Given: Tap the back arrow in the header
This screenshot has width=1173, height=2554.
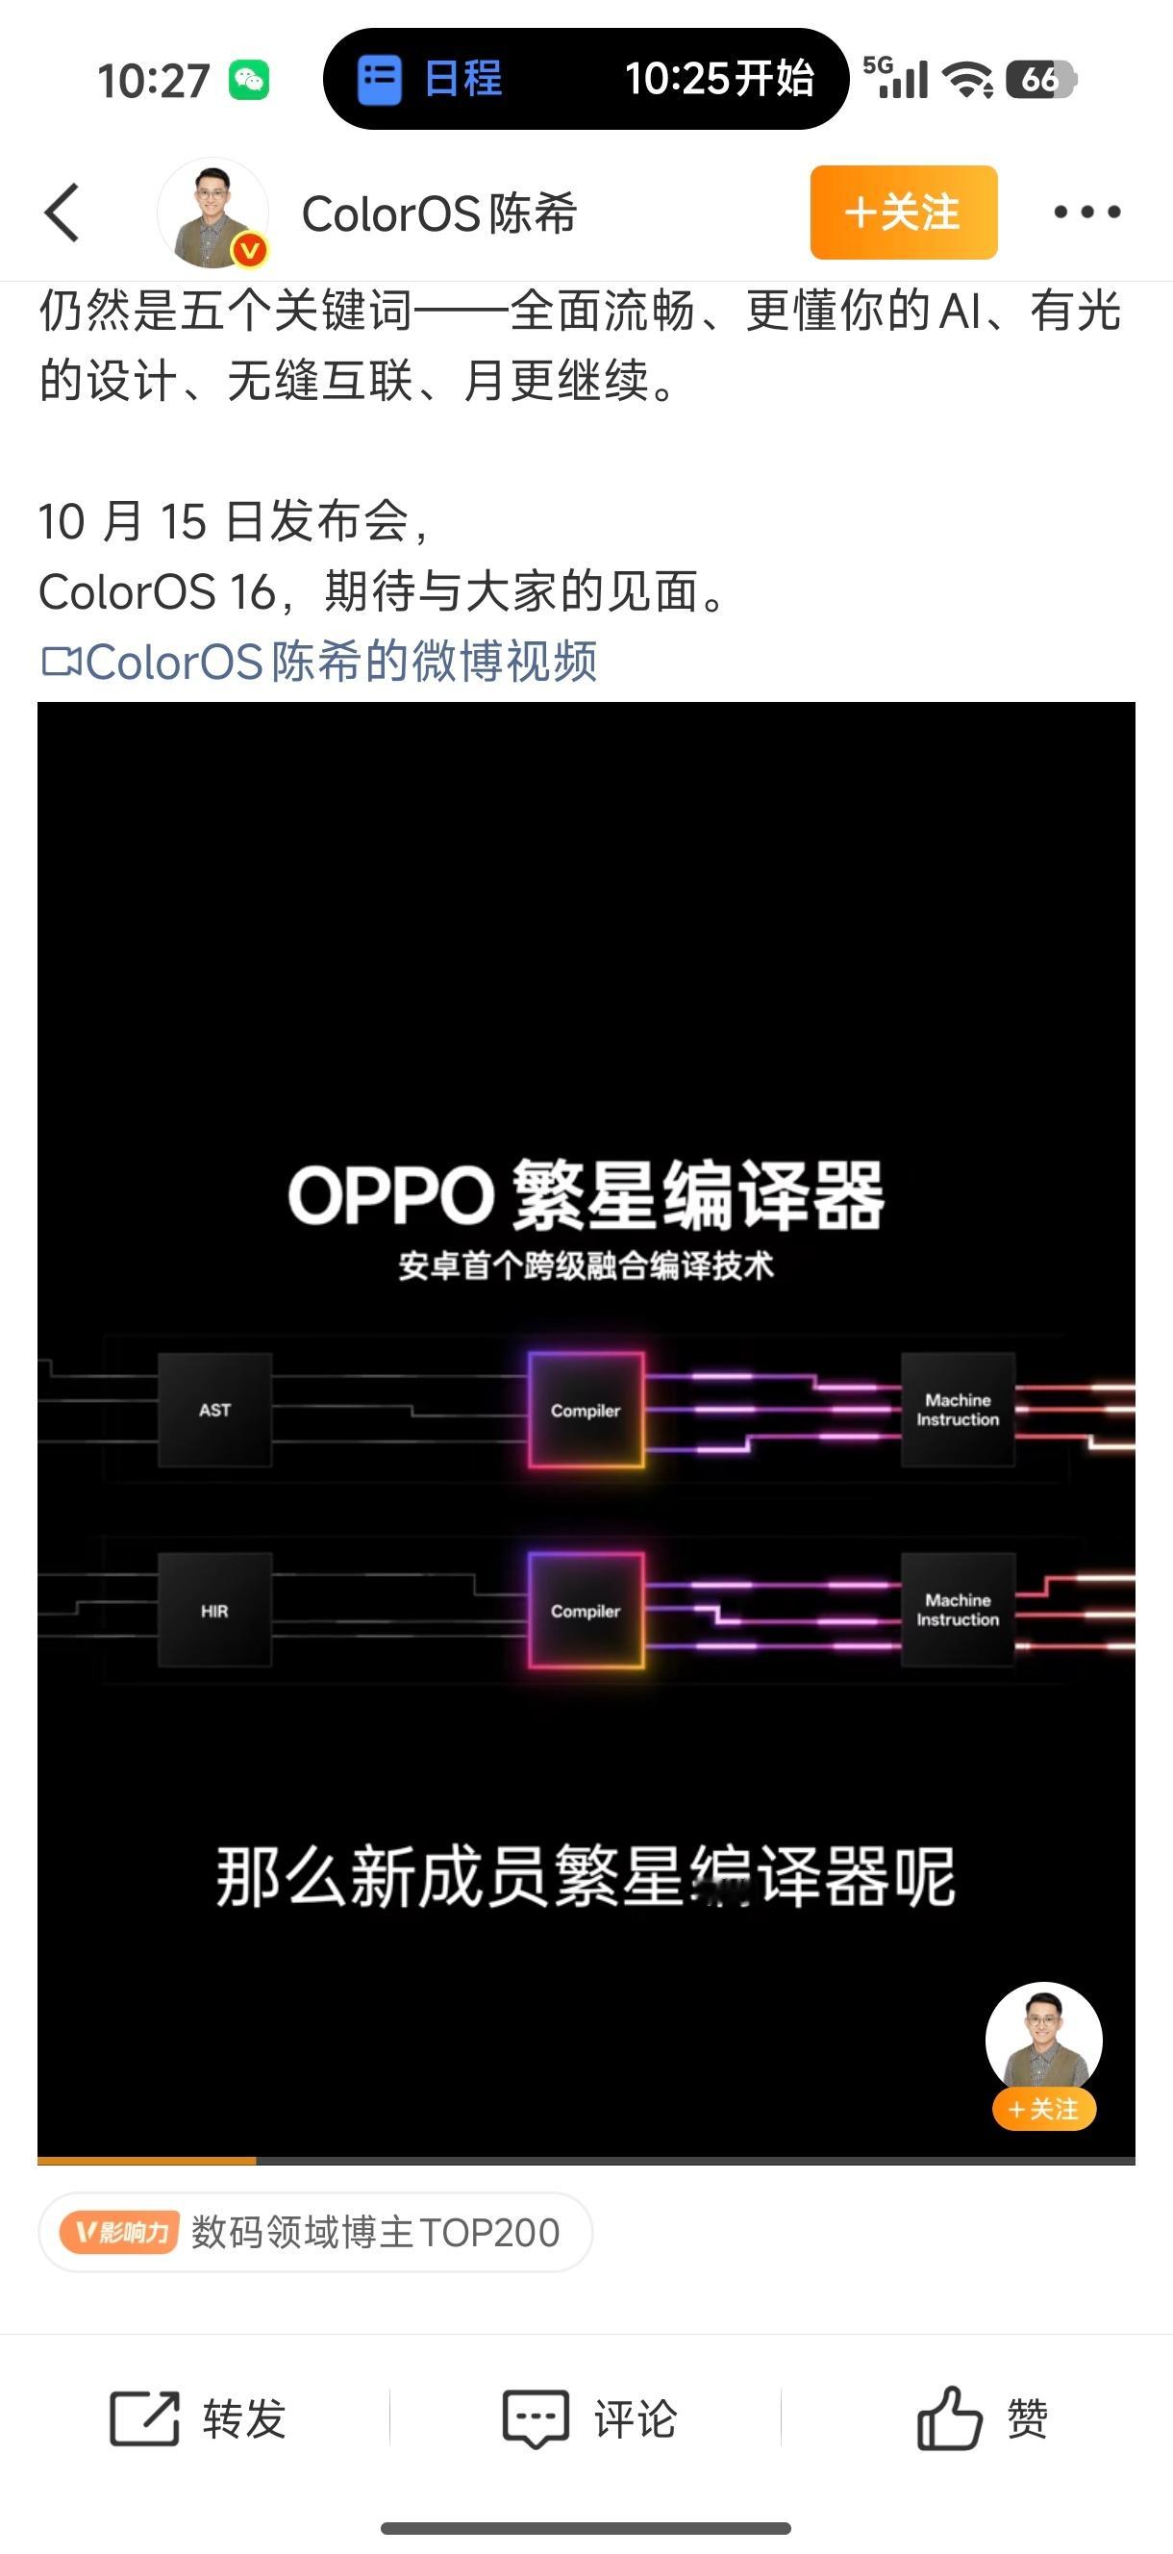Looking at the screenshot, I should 62,213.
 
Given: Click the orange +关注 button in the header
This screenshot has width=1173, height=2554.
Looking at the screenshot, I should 903,213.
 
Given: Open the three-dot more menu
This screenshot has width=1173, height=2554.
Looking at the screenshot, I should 1086,213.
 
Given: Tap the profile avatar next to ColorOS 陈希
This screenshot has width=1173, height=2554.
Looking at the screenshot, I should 213,213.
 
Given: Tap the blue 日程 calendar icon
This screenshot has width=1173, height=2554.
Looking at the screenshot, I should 379,79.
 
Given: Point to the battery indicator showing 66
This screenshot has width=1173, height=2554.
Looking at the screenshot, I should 1040,79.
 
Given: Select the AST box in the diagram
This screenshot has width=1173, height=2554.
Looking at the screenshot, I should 214,1410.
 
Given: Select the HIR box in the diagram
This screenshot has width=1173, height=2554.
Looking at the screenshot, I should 214,1611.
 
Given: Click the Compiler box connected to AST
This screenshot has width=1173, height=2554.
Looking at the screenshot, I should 585,1410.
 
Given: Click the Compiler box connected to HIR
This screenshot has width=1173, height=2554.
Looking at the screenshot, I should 585,1611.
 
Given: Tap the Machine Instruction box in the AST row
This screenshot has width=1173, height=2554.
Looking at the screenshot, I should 957,1410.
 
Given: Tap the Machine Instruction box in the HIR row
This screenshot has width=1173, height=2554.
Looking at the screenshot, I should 957,1610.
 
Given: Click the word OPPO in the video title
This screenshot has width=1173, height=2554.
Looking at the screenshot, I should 390,1195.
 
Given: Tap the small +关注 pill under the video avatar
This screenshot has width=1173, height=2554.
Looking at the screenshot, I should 1043,2109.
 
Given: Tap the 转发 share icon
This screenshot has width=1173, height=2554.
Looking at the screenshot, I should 145,2419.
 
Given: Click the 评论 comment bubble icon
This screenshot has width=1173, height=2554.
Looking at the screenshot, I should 536,2419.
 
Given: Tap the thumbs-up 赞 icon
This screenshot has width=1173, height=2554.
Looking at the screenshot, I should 949,2419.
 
